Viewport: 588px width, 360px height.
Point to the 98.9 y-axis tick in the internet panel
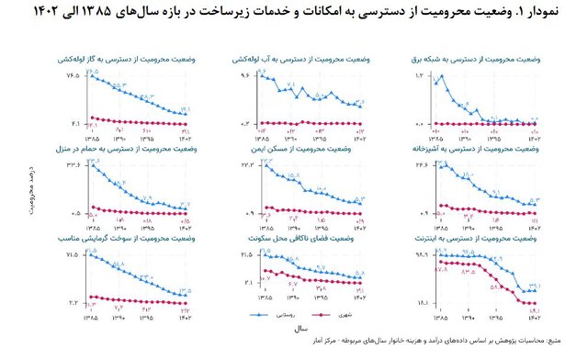(x=424, y=253)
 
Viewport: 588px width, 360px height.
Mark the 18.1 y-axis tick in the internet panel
(x=424, y=302)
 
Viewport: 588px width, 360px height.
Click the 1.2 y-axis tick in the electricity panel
(x=422, y=74)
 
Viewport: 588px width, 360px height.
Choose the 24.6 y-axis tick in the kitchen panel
(x=424, y=163)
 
